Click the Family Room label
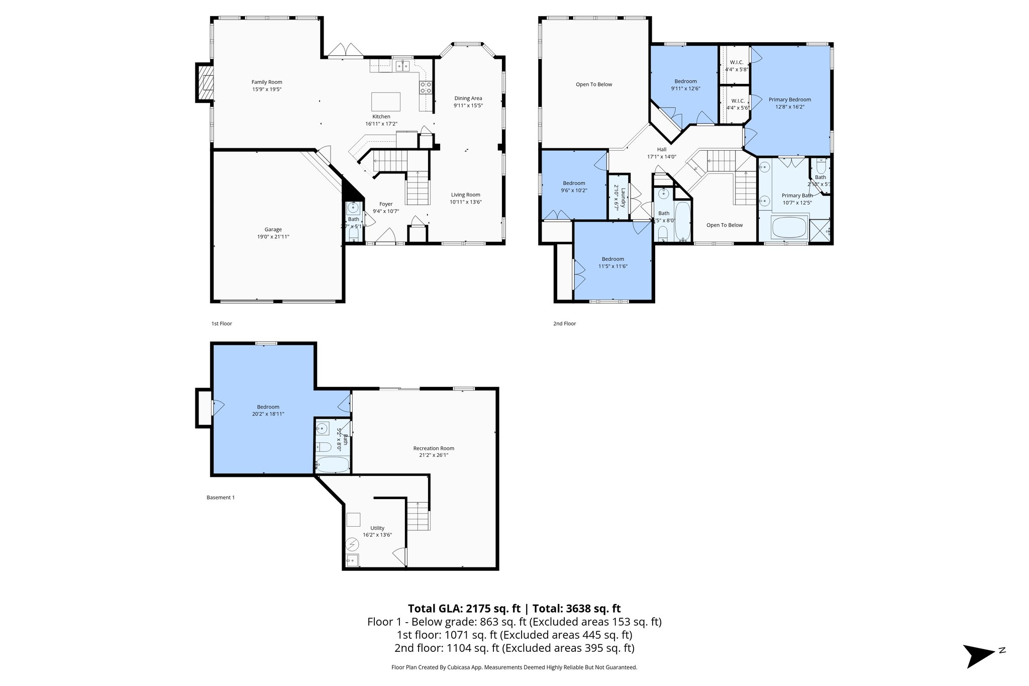[267, 82]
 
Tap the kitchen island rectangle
[386, 102]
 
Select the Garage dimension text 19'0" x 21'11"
[273, 237]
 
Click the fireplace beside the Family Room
[204, 83]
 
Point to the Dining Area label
[468, 99]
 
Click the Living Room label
[465, 195]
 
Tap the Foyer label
[386, 204]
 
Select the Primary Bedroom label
[790, 100]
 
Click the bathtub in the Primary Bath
[789, 227]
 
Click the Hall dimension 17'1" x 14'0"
[662, 156]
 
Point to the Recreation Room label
[434, 448]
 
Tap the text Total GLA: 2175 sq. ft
[463, 609]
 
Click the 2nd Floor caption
[564, 324]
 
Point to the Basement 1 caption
[221, 498]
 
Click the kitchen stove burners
[425, 88]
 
